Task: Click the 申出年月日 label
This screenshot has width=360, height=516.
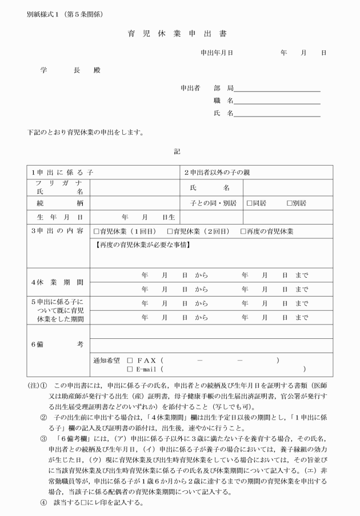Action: (217, 53)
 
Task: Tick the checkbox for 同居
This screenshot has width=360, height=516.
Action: (250, 203)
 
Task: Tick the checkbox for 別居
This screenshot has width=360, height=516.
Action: (290, 203)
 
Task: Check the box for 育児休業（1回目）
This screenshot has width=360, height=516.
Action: (97, 231)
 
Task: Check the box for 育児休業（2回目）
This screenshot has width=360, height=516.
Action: (170, 231)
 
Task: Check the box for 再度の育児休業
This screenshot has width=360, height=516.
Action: (243, 231)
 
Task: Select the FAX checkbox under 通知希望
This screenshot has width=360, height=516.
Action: (130, 361)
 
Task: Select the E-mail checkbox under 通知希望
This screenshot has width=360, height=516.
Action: (130, 370)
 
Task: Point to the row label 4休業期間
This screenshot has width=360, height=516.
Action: (57, 282)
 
